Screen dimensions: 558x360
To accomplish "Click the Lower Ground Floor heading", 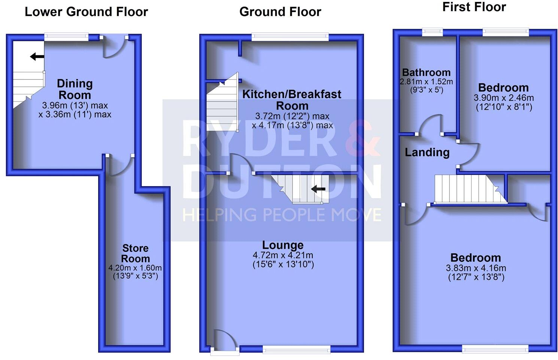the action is pyautogui.click(x=86, y=12).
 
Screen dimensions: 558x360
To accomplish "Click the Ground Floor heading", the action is pyautogui.click(x=280, y=12).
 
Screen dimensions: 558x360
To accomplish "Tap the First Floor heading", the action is pyautogui.click(x=474, y=7).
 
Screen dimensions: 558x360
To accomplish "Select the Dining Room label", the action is pyautogui.click(x=75, y=89).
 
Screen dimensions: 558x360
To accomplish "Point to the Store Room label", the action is pyautogui.click(x=136, y=253).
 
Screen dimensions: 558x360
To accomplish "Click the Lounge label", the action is pyautogui.click(x=283, y=245).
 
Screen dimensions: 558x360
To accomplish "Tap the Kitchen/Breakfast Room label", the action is pyautogui.click(x=292, y=100).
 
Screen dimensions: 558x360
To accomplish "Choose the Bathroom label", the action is pyautogui.click(x=426, y=72).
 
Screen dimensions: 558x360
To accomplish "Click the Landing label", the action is pyautogui.click(x=427, y=152).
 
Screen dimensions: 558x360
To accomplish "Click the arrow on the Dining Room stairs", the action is pyautogui.click(x=37, y=57).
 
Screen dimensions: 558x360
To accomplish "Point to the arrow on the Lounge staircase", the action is pyautogui.click(x=318, y=189).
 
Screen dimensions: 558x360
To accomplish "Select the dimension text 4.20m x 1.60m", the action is pyautogui.click(x=135, y=268).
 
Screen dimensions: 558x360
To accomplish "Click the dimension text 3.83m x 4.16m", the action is pyautogui.click(x=476, y=268).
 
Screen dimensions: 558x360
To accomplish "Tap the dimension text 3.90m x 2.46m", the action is pyautogui.click(x=504, y=98).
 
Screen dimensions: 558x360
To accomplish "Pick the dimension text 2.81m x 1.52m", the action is pyautogui.click(x=426, y=81).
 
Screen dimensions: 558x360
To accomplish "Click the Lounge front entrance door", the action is pyautogui.click(x=224, y=341).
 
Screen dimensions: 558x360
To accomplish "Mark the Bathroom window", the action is pyautogui.click(x=432, y=32).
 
